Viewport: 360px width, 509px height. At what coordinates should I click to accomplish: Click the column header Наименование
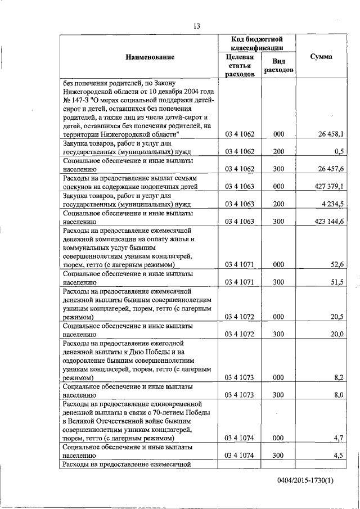point(142,57)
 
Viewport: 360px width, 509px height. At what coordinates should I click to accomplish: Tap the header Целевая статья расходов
point(240,65)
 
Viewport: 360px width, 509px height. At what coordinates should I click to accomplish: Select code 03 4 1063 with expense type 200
point(240,202)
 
